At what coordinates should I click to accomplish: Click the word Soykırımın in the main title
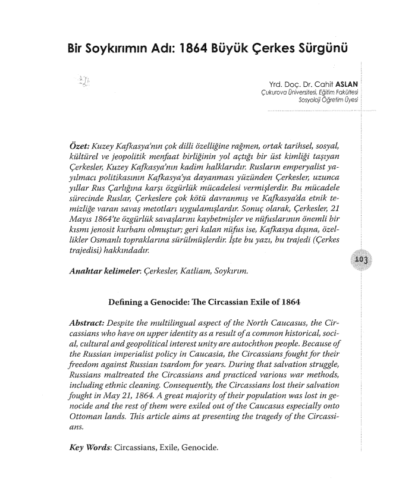pos(122,48)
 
